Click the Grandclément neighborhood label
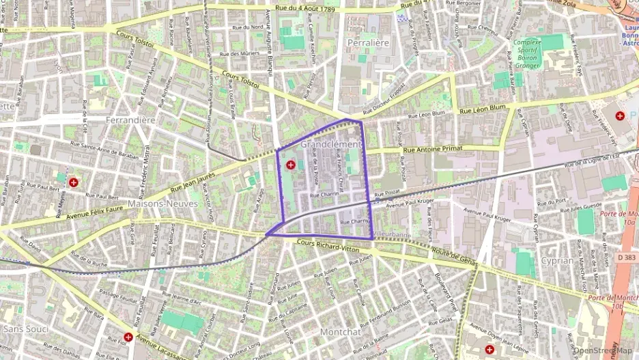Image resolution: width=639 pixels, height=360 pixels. point(330,145)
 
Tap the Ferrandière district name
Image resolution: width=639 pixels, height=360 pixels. point(131,120)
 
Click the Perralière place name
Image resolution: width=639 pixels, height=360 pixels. point(368,42)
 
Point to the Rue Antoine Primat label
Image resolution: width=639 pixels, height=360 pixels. point(433,148)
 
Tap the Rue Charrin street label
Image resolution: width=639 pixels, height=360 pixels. point(324,195)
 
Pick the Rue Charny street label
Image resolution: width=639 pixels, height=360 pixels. point(354,222)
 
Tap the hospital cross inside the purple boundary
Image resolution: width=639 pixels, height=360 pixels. point(292,165)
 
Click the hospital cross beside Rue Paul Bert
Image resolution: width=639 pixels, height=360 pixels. point(73,183)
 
